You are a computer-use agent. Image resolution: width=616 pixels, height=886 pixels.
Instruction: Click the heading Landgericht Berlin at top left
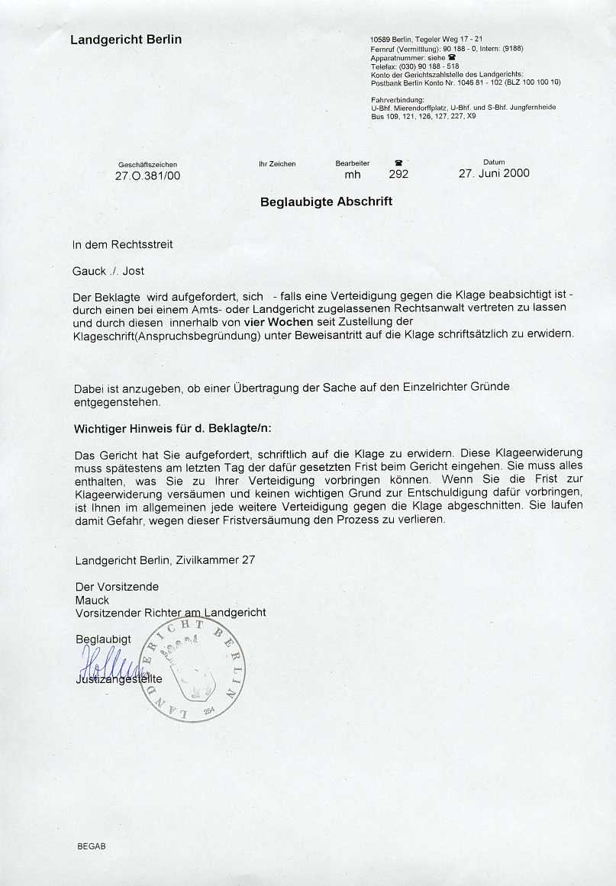click(x=126, y=40)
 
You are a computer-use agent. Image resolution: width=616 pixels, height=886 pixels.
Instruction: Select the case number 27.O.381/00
click(x=148, y=175)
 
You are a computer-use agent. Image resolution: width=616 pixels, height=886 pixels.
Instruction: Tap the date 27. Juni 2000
click(x=494, y=173)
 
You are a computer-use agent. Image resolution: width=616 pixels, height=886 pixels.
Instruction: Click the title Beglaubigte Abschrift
click(x=326, y=202)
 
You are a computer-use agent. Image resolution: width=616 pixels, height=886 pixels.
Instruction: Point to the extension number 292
click(x=398, y=174)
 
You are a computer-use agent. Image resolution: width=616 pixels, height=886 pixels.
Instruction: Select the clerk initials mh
click(x=353, y=174)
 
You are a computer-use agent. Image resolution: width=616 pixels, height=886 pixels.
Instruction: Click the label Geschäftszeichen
click(x=148, y=164)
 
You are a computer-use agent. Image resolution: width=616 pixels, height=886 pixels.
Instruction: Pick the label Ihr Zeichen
click(x=277, y=164)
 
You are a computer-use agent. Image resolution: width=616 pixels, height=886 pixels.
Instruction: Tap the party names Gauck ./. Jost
click(x=108, y=271)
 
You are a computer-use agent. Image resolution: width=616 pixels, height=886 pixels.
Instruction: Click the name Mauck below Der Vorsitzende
click(x=92, y=600)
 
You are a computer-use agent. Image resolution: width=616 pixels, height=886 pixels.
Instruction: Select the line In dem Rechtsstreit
click(x=123, y=245)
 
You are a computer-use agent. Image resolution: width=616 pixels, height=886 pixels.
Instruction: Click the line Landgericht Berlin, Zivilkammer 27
click(x=165, y=560)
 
